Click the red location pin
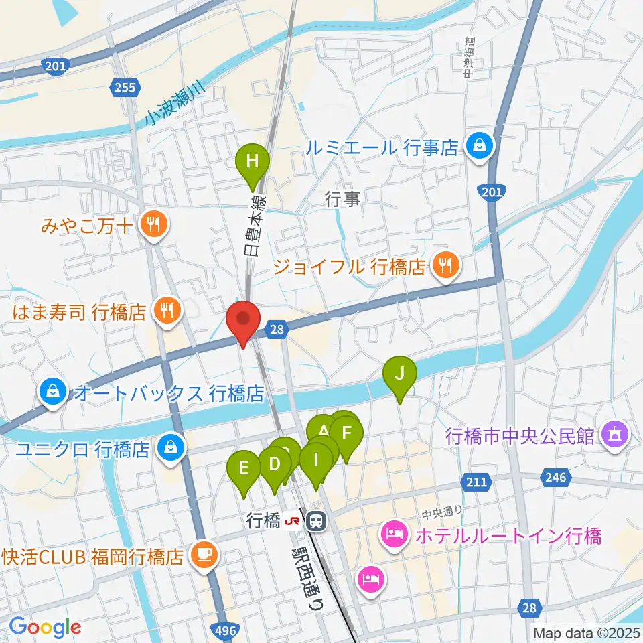pos(242,320)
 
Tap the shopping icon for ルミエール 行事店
pos(480,145)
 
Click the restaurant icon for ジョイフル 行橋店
pos(444,266)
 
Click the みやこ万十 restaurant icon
pos(153,224)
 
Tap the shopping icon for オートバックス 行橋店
pos(52,392)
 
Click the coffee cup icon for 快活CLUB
pos(203,555)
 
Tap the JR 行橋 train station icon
pos(315,520)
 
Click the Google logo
pos(45,627)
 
